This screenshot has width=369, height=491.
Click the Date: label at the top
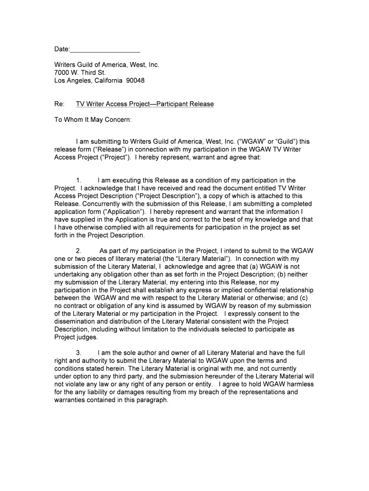coord(62,49)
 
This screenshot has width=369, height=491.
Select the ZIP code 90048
coord(135,80)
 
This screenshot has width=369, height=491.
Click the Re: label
coord(59,104)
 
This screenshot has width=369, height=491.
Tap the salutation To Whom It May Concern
coord(92,119)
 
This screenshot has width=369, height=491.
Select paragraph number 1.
coord(79,180)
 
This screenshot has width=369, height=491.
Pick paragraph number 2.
coord(79,251)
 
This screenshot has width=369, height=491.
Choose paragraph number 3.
coord(79,352)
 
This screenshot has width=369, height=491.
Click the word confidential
coord(265,290)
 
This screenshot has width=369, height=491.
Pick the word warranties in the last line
coord(71,400)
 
